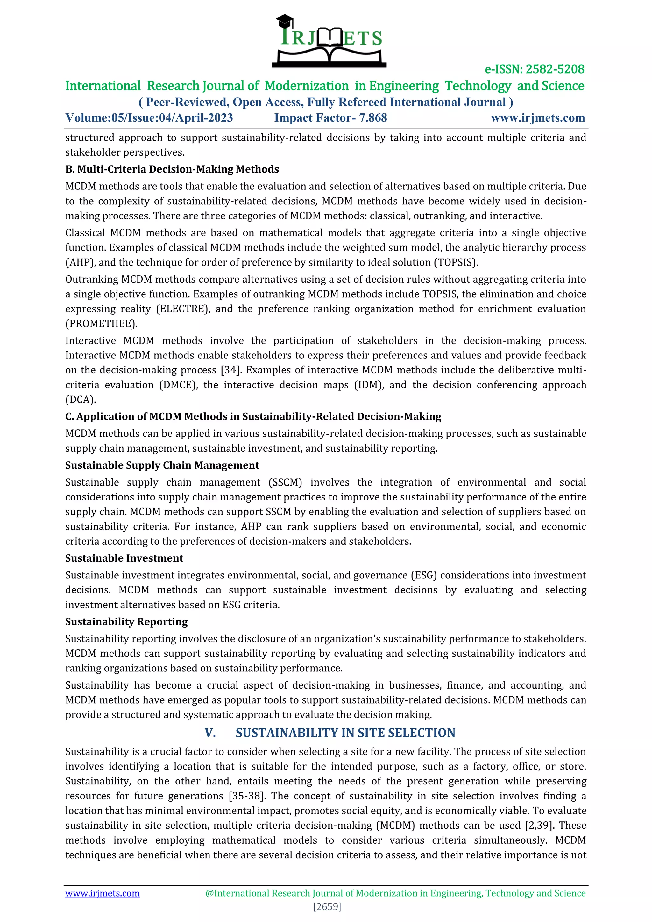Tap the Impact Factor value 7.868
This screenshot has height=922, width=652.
click(x=372, y=118)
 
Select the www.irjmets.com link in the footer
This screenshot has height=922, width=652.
click(x=103, y=893)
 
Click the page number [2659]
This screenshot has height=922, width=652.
click(x=327, y=906)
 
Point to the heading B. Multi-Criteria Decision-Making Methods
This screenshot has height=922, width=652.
click(x=172, y=169)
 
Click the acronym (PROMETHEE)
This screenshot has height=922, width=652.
click(x=101, y=324)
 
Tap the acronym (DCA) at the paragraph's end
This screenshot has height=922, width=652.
click(x=80, y=400)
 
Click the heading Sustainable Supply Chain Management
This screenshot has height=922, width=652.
click(x=162, y=465)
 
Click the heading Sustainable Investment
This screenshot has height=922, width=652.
click(x=124, y=558)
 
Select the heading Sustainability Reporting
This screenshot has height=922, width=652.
click(x=126, y=622)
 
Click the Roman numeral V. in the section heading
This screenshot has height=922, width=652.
click(x=210, y=733)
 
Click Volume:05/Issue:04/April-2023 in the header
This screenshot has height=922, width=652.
click(x=149, y=118)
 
